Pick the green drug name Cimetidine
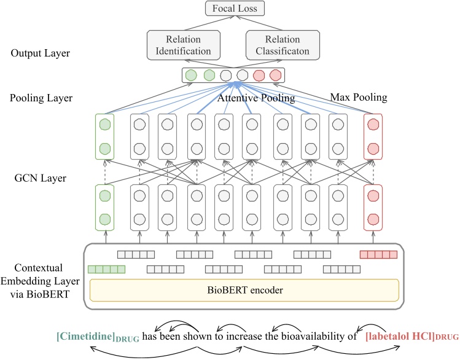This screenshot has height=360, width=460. [91, 337]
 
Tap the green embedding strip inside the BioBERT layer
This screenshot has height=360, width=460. [107, 268]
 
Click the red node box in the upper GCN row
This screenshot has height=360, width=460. [373, 136]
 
